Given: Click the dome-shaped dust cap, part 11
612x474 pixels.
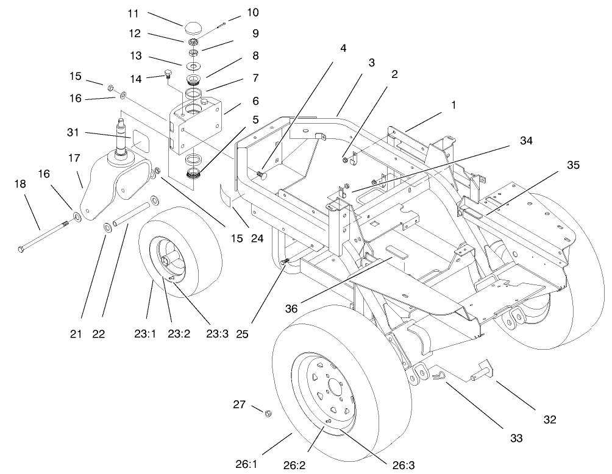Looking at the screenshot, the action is pos(191,28).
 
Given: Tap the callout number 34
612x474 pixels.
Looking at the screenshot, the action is pos(526,141).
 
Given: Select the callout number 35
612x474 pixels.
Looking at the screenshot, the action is pos(573,165).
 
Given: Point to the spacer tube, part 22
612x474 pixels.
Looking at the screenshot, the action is pos(132,214).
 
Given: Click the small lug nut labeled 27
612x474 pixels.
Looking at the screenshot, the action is pos(268,413).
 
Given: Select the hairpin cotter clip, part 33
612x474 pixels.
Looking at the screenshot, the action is pos(437,377).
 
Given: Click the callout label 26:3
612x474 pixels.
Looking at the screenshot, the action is pos(402,465).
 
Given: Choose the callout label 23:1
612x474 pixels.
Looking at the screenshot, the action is pos(145,334).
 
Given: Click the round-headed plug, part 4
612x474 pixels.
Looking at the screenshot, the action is pos(262,175).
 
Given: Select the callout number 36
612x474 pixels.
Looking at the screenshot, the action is pos(291,309).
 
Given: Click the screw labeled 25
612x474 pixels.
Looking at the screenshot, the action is pos(285,262).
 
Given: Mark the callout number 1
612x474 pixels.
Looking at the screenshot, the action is pos(454,105).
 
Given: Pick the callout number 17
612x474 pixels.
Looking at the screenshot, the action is pos(74,158).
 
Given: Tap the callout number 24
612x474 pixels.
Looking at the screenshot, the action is pos(257,238).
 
